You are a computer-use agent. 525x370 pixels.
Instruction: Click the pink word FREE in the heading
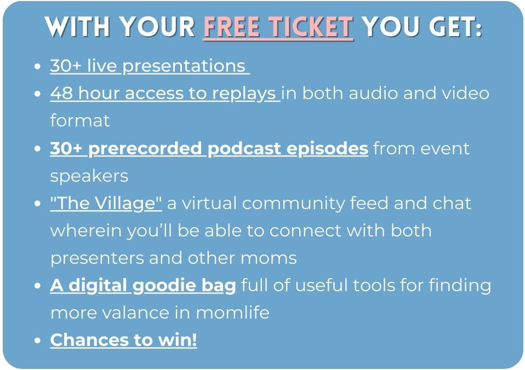pyautogui.click(x=231, y=26)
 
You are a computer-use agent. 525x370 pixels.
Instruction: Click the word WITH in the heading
pyautogui.click(x=78, y=26)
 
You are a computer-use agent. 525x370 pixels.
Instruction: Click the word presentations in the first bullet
pyautogui.click(x=184, y=66)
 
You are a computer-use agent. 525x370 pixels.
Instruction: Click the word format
pyautogui.click(x=80, y=121)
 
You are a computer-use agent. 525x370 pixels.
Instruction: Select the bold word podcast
pyautogui.click(x=244, y=149)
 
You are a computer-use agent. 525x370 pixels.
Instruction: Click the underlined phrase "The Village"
pyautogui.click(x=106, y=204)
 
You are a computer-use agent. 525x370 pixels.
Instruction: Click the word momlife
pyautogui.click(x=232, y=313)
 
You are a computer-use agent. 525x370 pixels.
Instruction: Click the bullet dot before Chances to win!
pyautogui.click(x=37, y=340)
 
